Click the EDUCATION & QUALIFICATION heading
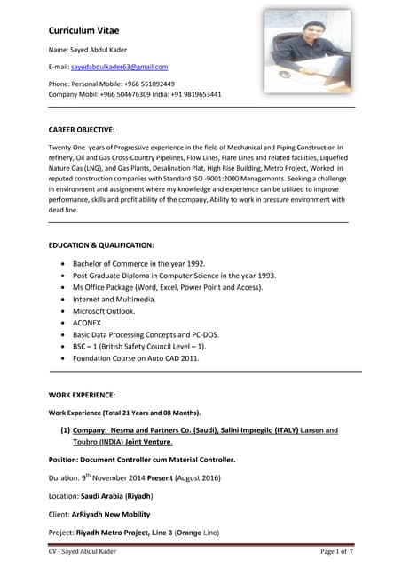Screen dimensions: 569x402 101,244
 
